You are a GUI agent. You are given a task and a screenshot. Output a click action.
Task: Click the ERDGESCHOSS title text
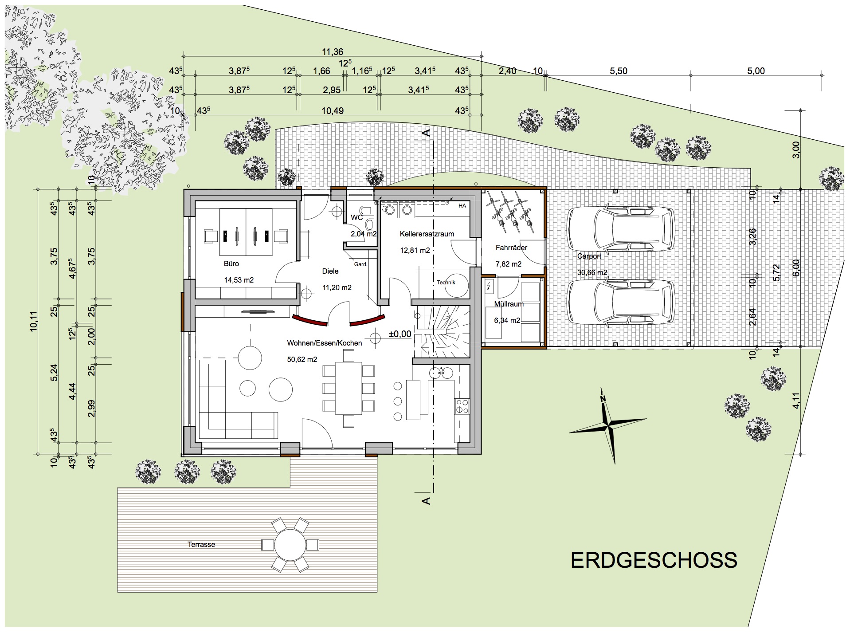click(x=654, y=560)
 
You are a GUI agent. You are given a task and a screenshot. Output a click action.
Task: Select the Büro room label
click(x=231, y=263)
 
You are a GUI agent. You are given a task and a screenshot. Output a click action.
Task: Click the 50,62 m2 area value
click(x=302, y=359)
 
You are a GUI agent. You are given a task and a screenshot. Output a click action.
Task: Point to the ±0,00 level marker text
click(x=400, y=334)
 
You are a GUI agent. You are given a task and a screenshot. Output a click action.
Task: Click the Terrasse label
click(x=201, y=544)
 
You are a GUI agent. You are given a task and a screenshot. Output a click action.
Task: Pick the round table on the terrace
click(x=290, y=544)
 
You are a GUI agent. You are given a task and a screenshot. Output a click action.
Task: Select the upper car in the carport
click(x=621, y=229)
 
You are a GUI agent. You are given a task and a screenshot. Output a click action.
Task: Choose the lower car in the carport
click(x=621, y=303)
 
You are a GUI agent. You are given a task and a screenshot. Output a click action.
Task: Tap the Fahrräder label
click(x=511, y=248)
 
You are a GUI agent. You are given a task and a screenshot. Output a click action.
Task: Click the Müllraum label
click(x=509, y=304)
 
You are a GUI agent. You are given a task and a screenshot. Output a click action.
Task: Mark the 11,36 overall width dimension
click(x=333, y=52)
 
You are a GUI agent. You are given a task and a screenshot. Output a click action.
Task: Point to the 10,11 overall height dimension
click(x=34, y=321)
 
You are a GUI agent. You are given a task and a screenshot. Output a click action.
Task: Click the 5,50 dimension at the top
click(x=619, y=71)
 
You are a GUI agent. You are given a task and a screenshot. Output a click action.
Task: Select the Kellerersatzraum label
click(x=427, y=234)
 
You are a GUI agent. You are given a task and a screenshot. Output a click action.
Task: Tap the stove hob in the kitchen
click(x=462, y=406)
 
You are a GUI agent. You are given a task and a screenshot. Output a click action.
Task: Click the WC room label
click(x=356, y=217)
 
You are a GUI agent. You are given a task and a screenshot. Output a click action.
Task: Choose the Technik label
click(x=446, y=282)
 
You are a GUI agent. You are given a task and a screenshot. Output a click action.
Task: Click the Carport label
click(x=589, y=256)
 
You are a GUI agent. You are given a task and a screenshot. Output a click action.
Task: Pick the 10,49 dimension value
click(x=333, y=111)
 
